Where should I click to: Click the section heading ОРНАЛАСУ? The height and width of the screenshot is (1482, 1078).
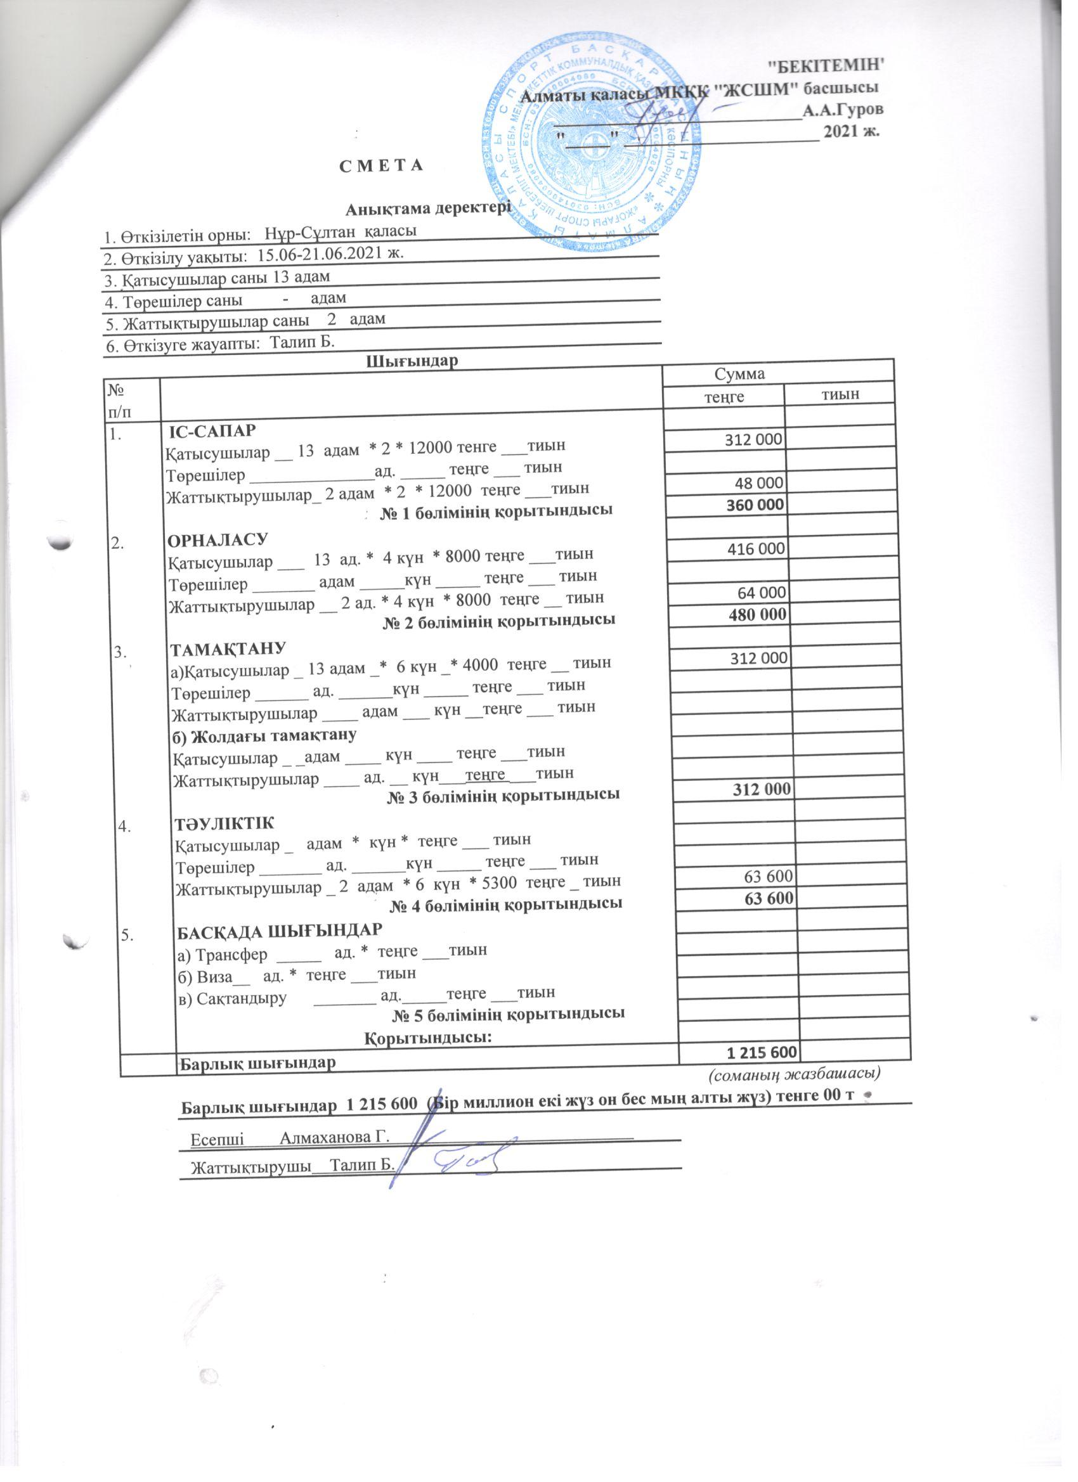(x=218, y=541)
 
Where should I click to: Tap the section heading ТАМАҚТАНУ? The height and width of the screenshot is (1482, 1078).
(x=227, y=648)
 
